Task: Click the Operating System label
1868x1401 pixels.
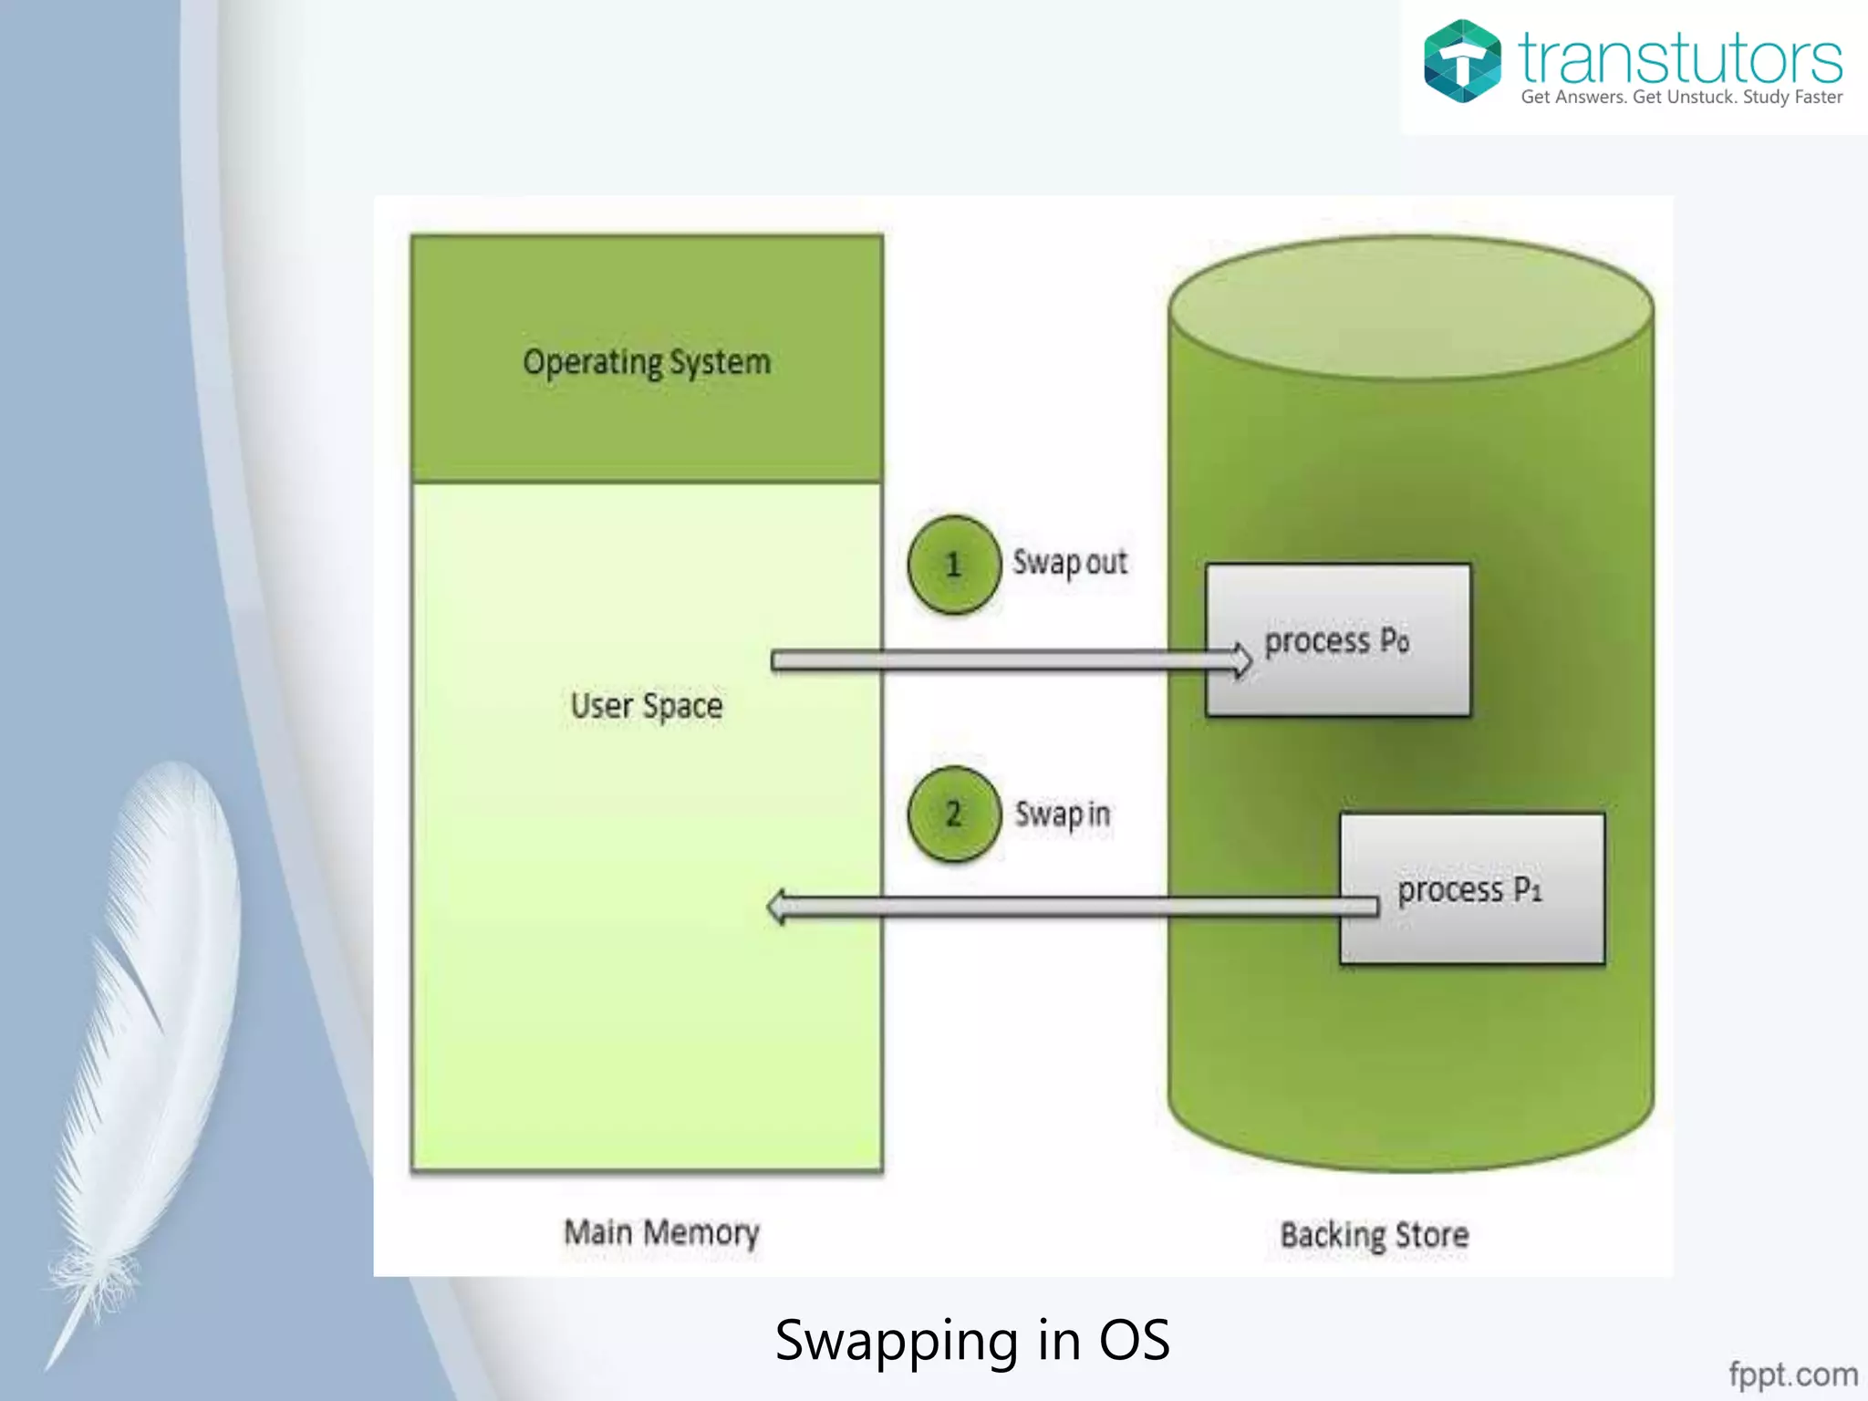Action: coord(647,363)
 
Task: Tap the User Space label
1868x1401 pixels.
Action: coord(647,706)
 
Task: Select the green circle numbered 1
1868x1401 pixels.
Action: coord(954,565)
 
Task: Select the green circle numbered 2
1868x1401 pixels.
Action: coord(954,814)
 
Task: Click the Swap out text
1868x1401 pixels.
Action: coord(1070,563)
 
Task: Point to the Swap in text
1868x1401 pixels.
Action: coord(1063,814)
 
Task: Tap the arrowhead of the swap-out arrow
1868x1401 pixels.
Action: coord(1241,659)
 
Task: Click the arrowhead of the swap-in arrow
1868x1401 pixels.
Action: coord(778,907)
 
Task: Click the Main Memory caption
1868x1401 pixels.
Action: coord(661,1233)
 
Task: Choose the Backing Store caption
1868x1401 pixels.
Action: coord(1375,1236)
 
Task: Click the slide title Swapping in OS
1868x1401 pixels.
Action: coord(972,1341)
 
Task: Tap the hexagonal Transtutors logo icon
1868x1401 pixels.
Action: coord(1462,61)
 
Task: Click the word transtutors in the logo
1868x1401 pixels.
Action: coord(1680,58)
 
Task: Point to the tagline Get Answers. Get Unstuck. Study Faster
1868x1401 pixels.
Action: coord(1681,98)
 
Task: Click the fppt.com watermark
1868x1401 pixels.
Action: coord(1793,1374)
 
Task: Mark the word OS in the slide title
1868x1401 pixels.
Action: coord(1134,1341)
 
